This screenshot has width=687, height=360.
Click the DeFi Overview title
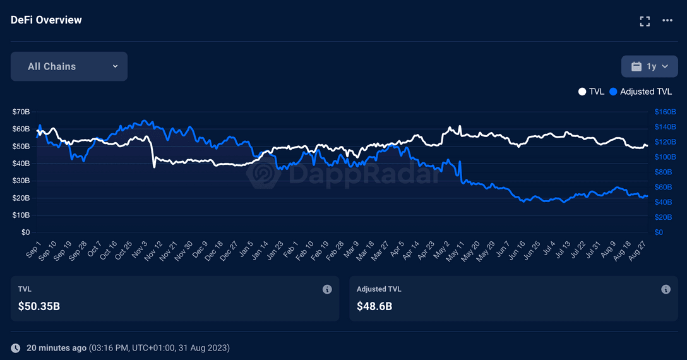coord(46,20)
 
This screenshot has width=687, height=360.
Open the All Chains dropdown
coord(69,66)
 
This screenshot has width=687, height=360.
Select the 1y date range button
coord(649,66)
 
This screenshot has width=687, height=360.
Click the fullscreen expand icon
coord(645,21)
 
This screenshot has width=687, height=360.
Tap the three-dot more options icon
coord(667,21)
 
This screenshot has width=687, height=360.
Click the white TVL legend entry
coord(591,92)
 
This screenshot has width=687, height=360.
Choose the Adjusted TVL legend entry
coord(641,92)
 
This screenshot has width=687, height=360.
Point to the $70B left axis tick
coord(21,112)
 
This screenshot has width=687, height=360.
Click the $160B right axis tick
coord(665,112)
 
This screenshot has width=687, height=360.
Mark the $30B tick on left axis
coord(21,181)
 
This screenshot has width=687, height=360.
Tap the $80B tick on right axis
coord(664,172)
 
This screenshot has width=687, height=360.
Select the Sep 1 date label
coord(32,248)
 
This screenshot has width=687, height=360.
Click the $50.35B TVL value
coord(39,306)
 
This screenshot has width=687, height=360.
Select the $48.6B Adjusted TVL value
coord(374,306)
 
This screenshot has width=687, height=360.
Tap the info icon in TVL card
coord(327,289)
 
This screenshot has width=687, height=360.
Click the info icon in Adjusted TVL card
coord(666,289)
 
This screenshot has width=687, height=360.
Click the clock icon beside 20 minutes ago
coord(16,348)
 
